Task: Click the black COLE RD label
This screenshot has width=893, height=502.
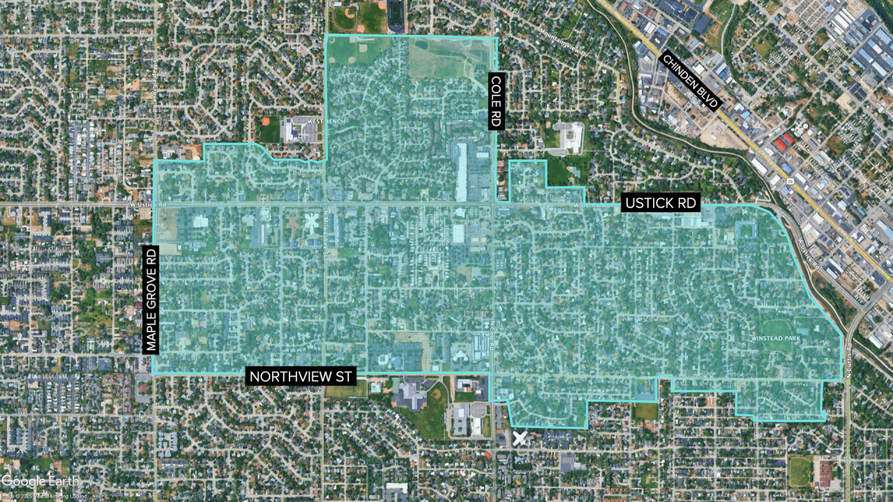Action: [496, 100]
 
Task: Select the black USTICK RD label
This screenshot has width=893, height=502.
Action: [661, 203]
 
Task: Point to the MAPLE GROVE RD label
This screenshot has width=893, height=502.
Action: [151, 298]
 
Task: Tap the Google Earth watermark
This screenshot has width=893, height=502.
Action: [40, 481]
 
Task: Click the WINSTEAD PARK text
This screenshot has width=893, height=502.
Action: [774, 338]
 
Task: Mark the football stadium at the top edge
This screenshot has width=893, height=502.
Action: [396, 16]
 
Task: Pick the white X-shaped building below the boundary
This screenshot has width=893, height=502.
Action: [519, 438]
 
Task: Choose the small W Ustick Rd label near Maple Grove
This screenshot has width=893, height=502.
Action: [149, 204]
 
